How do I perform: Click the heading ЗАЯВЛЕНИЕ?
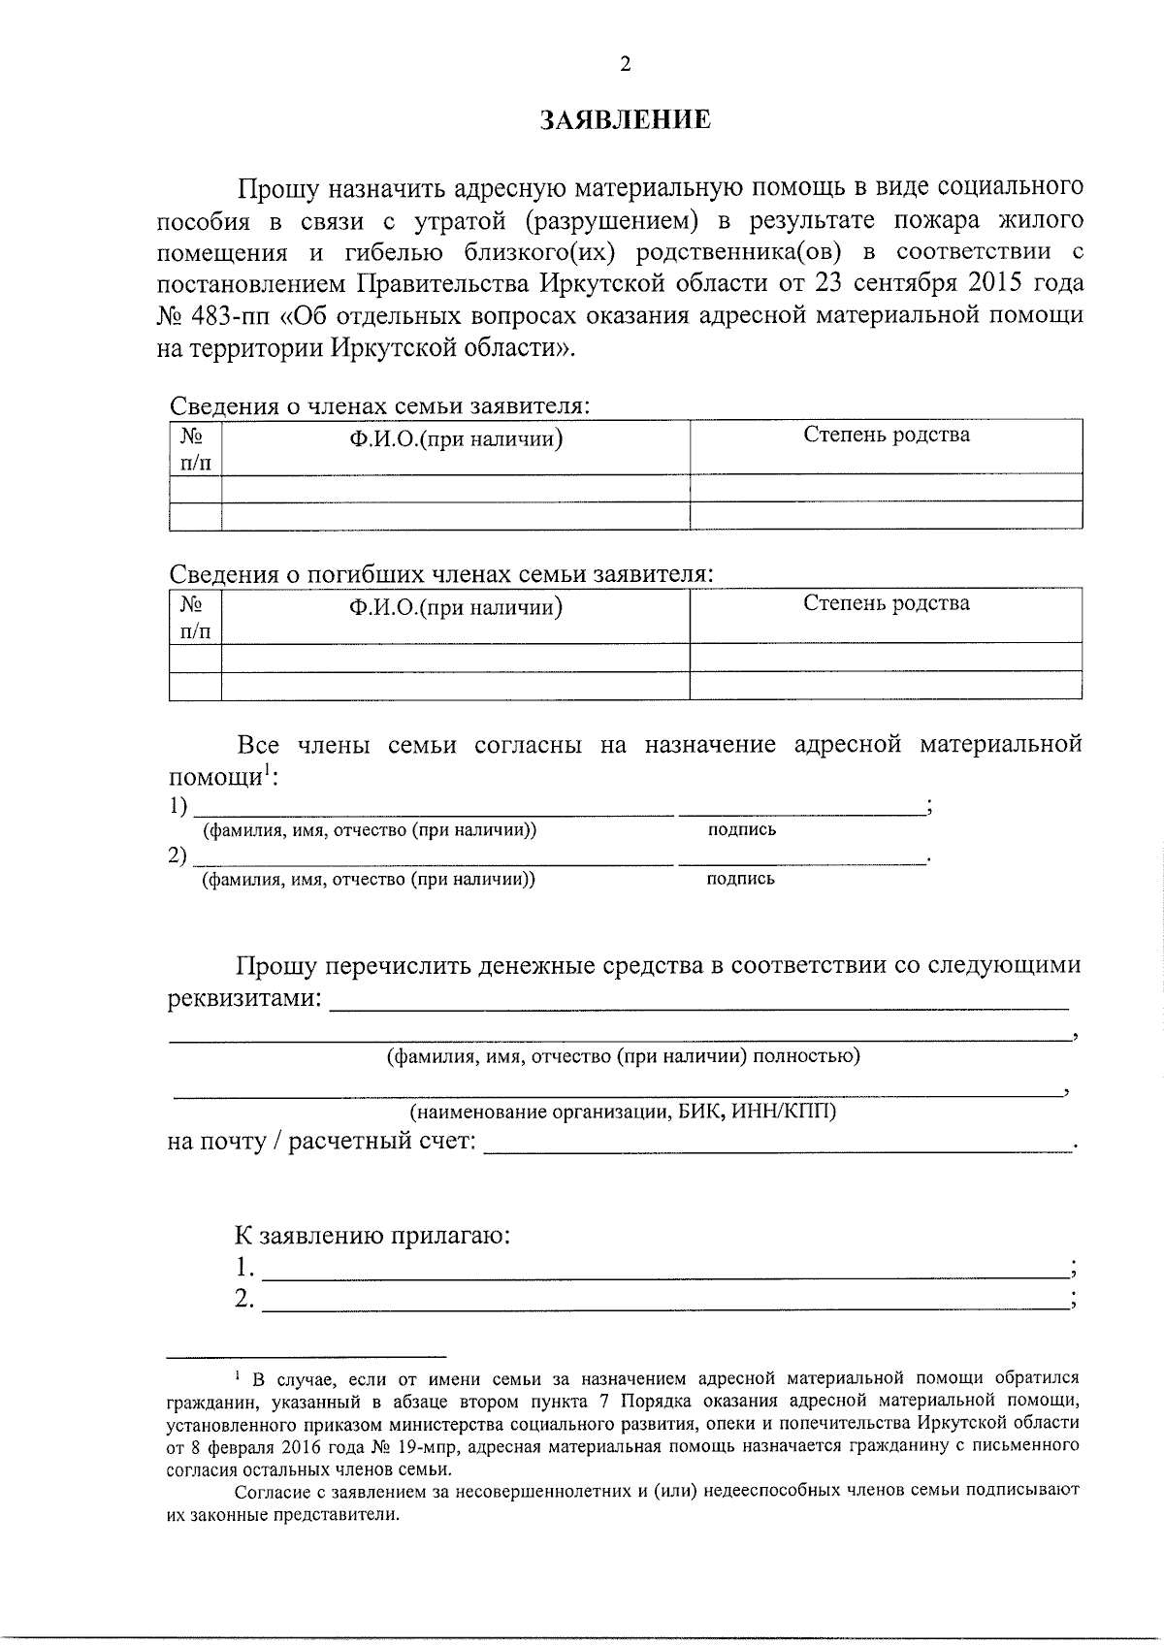click(625, 120)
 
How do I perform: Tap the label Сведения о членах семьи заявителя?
click(379, 405)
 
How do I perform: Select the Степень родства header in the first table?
click(886, 435)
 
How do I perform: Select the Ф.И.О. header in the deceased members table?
click(456, 608)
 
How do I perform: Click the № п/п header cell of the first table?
click(195, 448)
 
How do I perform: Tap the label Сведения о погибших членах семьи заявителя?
click(441, 573)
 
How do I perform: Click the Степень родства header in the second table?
click(886, 603)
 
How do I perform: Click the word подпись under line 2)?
click(741, 879)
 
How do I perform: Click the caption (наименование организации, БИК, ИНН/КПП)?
click(623, 1111)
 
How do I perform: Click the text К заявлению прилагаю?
click(372, 1236)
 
